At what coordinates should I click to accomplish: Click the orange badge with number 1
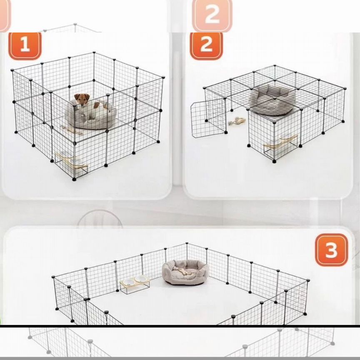[x=25, y=46]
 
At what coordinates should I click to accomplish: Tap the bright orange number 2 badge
[x=206, y=46]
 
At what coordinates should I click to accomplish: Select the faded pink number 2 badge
[x=212, y=15]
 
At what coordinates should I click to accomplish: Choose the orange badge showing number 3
[x=331, y=250]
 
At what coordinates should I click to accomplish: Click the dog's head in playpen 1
[x=82, y=100]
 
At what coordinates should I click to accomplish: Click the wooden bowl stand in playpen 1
[x=72, y=162]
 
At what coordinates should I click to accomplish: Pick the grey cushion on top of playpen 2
[x=272, y=100]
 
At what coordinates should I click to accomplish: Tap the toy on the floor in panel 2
[x=237, y=121]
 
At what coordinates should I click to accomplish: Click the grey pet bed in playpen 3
[x=185, y=272]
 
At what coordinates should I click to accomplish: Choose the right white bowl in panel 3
[x=140, y=279]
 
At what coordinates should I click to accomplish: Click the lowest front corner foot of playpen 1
[x=74, y=179]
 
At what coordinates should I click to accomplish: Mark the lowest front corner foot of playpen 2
[x=274, y=161]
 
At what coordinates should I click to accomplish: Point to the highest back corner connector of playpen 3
[x=187, y=243]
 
